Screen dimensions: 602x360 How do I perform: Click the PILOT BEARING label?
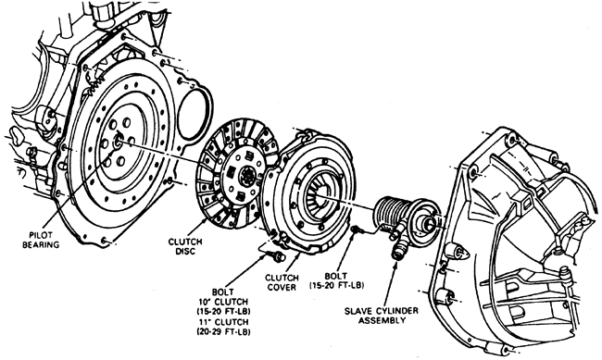(x=41, y=240)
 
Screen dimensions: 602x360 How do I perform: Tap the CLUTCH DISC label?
(x=185, y=246)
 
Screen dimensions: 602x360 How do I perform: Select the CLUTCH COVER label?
(x=282, y=282)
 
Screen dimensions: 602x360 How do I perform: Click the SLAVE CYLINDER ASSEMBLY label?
(x=382, y=315)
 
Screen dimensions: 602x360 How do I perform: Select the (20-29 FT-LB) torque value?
(x=223, y=330)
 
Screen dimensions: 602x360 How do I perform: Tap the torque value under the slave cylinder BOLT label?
(x=336, y=285)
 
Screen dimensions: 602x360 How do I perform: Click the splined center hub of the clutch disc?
(x=245, y=176)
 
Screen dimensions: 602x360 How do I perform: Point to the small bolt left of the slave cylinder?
(x=356, y=230)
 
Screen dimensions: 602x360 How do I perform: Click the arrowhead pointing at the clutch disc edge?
(x=205, y=220)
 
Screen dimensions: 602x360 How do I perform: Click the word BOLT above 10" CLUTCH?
(x=222, y=292)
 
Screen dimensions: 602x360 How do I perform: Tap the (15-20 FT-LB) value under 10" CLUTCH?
(x=223, y=311)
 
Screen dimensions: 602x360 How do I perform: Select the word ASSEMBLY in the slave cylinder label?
(x=382, y=320)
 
